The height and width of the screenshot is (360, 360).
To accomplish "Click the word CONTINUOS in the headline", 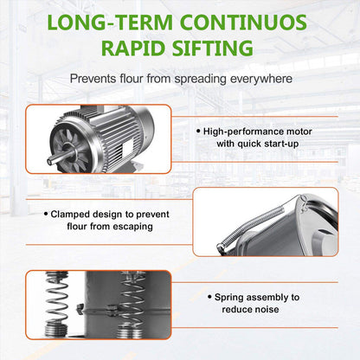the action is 243,22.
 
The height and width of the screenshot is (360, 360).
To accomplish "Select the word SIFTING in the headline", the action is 213,48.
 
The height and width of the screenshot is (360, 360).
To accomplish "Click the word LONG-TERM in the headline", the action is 110,22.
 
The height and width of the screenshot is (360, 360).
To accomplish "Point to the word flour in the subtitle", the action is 132,79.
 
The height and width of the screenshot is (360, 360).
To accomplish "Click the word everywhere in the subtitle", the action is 261,79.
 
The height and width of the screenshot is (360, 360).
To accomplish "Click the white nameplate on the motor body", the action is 127,147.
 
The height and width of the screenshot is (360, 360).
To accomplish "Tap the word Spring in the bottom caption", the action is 229,298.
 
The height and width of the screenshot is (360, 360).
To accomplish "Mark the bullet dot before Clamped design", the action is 46,214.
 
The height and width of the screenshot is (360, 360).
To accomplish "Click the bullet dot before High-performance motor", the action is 198,132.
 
